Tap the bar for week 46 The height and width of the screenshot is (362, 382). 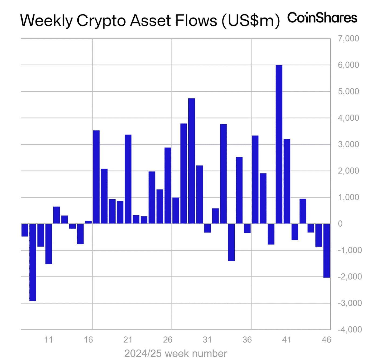click(327, 251)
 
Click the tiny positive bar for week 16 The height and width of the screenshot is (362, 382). click(88, 222)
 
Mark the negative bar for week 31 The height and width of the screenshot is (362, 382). click(207, 228)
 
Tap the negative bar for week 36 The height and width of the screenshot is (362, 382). click(247, 228)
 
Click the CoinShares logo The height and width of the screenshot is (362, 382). click(322, 18)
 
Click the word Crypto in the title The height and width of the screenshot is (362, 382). click(102, 21)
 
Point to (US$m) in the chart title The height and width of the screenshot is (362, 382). click(251, 21)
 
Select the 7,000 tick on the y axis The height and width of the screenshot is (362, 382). click(348, 39)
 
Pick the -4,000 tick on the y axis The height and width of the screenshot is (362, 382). click(350, 329)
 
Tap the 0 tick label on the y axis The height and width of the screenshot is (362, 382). click(340, 224)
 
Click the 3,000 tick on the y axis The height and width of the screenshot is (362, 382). click(348, 144)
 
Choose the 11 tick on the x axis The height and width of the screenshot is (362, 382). click(48, 340)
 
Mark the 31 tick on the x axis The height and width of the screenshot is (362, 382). click(207, 340)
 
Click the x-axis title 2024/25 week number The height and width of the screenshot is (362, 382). click(176, 353)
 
